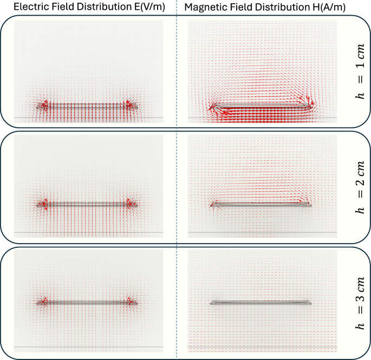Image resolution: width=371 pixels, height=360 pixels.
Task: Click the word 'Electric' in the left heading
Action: (28, 8)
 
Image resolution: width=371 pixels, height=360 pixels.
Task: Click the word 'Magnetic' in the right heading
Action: (206, 8)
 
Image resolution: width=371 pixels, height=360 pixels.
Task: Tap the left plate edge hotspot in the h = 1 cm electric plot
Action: (43, 105)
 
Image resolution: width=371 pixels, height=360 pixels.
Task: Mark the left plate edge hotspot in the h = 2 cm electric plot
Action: (43, 204)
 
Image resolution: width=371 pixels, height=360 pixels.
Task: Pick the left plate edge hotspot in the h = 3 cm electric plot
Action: (43, 302)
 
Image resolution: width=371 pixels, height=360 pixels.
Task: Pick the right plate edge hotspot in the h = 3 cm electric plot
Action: (131, 302)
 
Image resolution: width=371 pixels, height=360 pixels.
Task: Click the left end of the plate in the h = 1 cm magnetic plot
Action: (213, 107)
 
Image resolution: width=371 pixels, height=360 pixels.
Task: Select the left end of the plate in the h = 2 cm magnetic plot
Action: (212, 205)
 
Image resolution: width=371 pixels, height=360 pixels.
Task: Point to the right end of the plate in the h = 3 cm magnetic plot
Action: (310, 303)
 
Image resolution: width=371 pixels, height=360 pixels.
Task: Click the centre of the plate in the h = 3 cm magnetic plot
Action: (261, 303)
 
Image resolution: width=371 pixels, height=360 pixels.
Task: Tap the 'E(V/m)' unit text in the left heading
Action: (147, 8)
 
